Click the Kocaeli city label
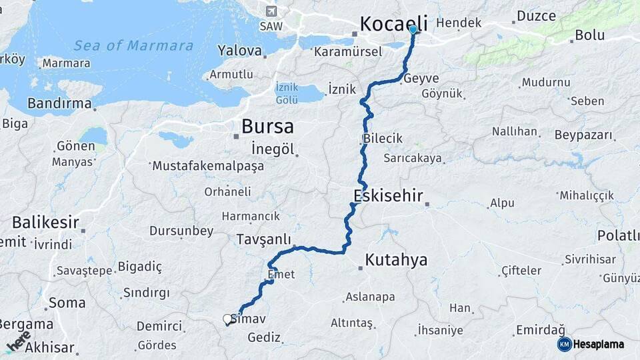click(x=393, y=24)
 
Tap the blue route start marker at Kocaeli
click(x=413, y=30)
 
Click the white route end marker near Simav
click(x=228, y=319)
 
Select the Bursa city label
click(x=267, y=126)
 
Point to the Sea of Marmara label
click(x=133, y=46)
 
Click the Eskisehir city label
click(x=389, y=196)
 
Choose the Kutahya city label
click(x=396, y=259)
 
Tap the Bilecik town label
click(x=383, y=139)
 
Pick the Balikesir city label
click(x=45, y=222)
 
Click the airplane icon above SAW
click(x=271, y=11)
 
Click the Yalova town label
click(x=239, y=51)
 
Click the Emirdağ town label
click(x=540, y=330)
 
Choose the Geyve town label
click(x=421, y=78)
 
